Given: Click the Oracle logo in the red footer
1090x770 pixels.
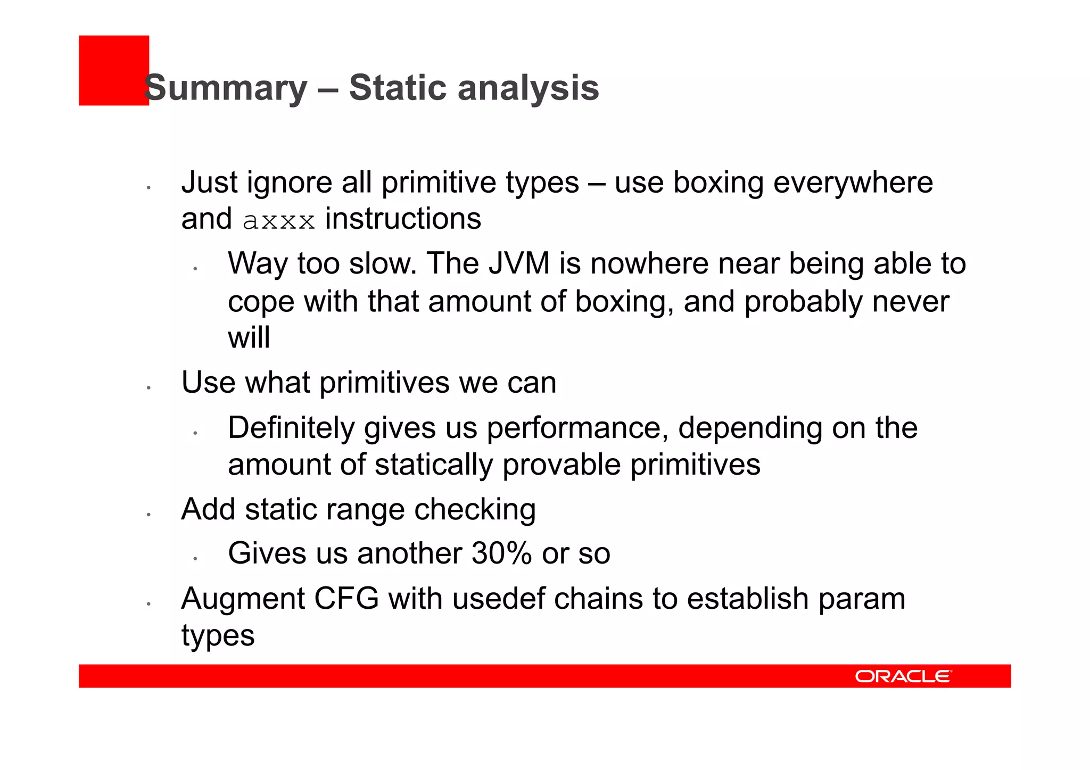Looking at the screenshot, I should (903, 676).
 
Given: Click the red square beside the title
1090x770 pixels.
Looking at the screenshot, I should (113, 70).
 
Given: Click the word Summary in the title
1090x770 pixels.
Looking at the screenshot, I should (226, 88).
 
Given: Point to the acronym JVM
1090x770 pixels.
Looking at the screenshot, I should (519, 263).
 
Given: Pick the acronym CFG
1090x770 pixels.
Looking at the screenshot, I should (346, 599).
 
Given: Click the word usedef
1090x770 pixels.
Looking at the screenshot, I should (498, 599).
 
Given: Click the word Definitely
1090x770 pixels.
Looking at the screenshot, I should (291, 428).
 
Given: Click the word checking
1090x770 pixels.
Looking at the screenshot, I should (475, 510).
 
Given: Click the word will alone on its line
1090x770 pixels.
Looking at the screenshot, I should (249, 337).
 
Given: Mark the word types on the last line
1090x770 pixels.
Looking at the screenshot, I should (218, 636).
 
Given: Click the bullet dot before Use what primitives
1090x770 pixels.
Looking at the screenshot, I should (149, 388).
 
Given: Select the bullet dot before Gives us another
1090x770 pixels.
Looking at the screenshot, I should (195, 559).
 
